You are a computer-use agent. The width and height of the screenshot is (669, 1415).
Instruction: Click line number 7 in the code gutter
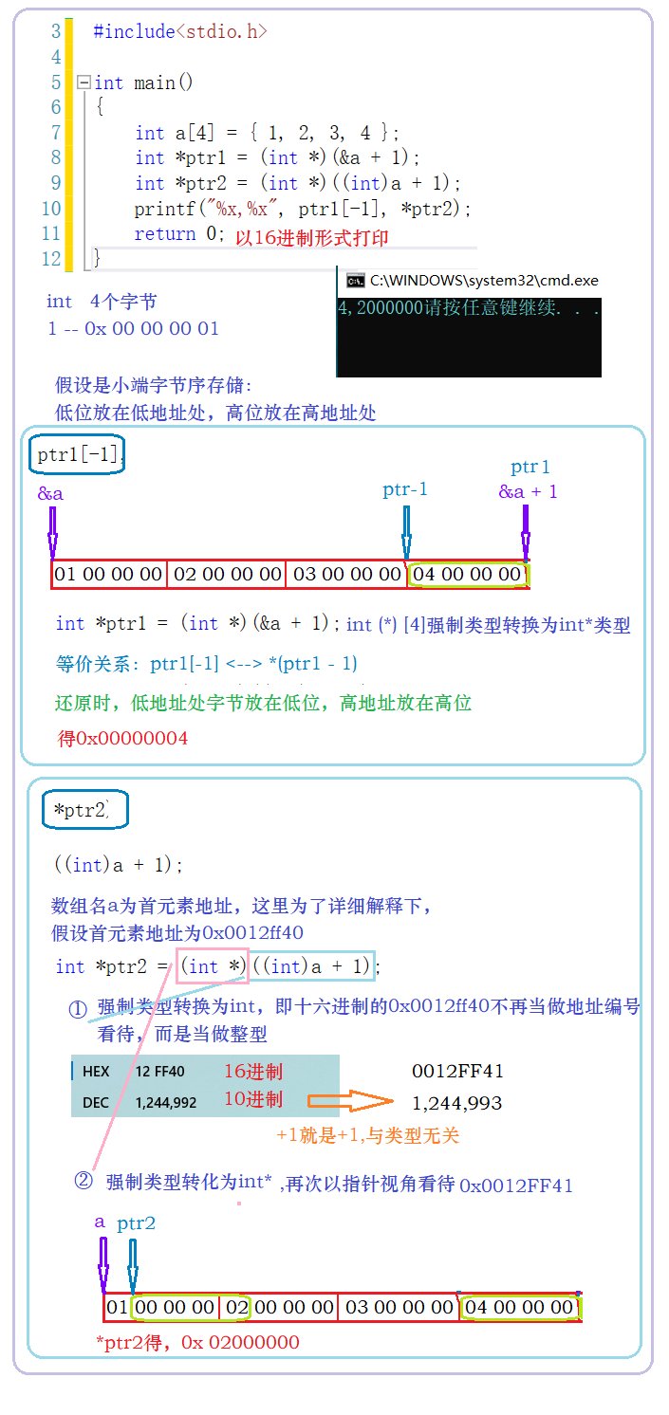click(56, 133)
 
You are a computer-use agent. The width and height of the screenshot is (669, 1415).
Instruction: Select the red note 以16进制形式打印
click(312, 238)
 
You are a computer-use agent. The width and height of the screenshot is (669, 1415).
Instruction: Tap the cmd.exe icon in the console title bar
click(356, 280)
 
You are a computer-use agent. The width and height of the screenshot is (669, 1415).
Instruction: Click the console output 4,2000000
click(381, 308)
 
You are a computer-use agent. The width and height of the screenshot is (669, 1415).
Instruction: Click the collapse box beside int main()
click(84, 83)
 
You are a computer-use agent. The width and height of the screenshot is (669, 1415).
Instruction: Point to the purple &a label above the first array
click(50, 494)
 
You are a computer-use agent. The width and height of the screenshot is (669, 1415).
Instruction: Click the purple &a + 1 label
click(528, 491)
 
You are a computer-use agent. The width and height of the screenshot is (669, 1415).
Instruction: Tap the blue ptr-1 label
click(405, 489)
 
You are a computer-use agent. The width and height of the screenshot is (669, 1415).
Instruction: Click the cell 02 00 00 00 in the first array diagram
click(228, 574)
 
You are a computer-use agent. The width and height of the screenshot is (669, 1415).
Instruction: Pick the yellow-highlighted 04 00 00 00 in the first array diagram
click(468, 574)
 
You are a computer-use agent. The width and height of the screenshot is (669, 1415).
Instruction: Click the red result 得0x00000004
click(123, 738)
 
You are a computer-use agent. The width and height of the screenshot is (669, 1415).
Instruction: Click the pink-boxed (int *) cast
click(212, 965)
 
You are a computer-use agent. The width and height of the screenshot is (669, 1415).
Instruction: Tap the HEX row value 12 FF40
click(159, 1072)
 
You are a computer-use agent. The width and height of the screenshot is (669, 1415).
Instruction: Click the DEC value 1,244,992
click(166, 1103)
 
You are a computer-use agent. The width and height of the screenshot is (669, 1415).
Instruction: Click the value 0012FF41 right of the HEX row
click(457, 1071)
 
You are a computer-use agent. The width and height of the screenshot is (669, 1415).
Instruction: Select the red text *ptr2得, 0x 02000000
click(197, 1342)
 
